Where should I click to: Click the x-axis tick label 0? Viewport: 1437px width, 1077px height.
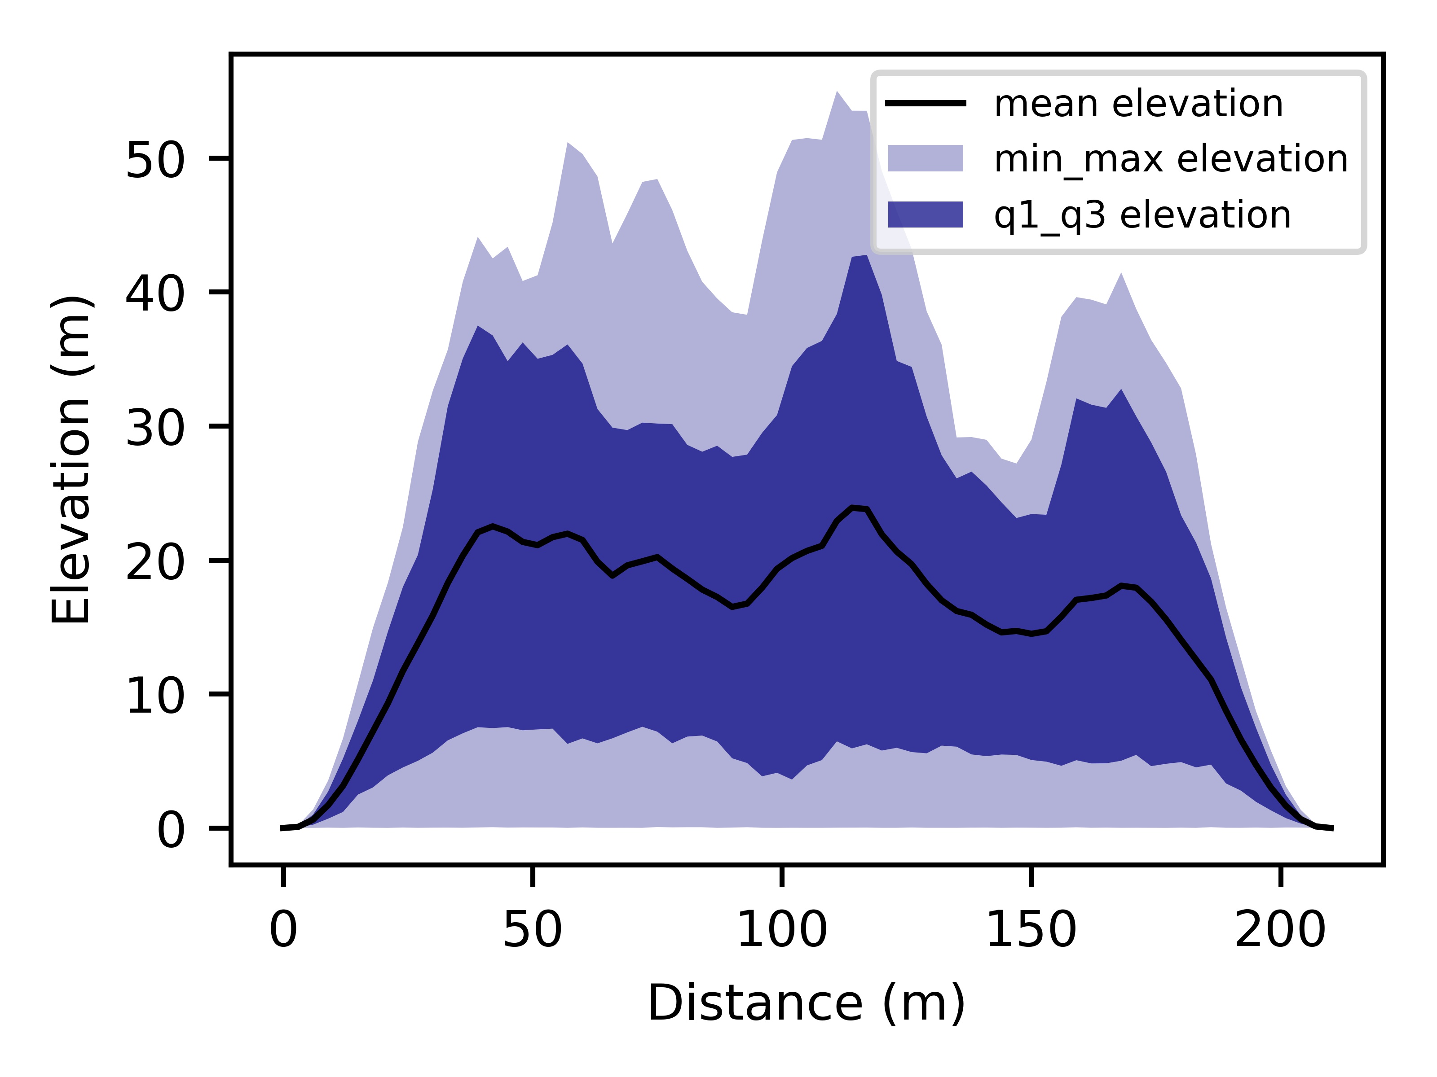point(283,930)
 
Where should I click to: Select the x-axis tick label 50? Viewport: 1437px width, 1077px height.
point(532,930)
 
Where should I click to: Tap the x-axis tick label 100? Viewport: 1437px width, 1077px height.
point(781,930)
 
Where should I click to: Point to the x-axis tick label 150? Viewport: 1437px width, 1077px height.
point(1031,930)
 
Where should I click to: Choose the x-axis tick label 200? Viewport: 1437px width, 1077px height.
point(1280,930)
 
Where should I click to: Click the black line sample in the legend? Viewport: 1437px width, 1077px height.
point(925,103)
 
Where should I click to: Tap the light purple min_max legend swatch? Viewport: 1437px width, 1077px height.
point(925,158)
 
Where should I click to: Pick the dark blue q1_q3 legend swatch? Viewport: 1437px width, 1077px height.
point(925,214)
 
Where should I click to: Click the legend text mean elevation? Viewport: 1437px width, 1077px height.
point(1138,104)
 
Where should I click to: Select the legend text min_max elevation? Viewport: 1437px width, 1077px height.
point(1171,159)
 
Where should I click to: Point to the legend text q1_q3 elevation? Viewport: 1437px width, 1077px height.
point(1142,215)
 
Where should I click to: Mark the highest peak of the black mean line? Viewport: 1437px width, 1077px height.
point(852,508)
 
